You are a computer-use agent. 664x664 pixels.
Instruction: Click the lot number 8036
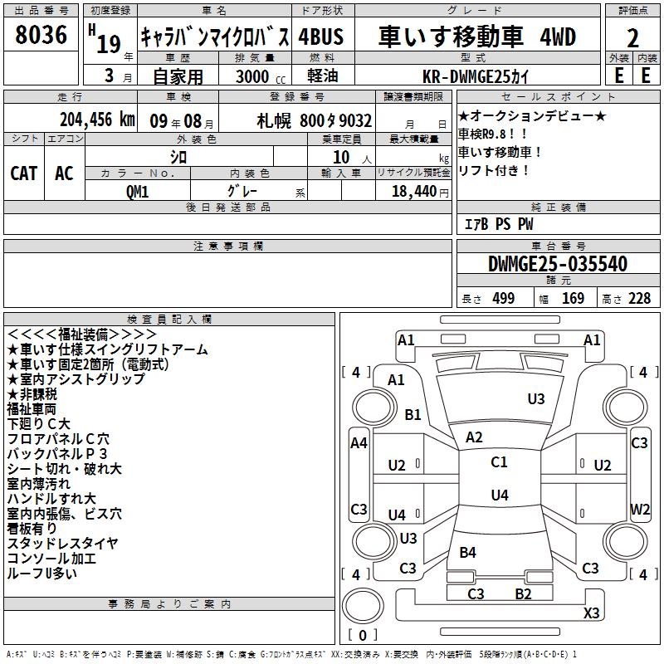pos(41,35)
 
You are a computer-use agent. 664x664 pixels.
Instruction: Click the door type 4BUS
pos(320,37)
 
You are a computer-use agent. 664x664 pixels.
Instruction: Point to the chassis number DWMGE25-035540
pos(557,264)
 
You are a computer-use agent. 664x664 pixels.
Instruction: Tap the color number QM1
pos(138,190)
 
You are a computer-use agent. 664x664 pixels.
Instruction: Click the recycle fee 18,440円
pos(417,190)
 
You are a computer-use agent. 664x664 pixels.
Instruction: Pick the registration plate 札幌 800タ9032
pos(315,120)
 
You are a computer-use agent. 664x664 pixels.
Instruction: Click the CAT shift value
pos(23,173)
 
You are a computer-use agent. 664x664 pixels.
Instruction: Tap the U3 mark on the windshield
pos(536,399)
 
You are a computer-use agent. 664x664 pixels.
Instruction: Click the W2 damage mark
pos(640,508)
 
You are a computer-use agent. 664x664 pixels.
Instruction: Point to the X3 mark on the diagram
pos(592,613)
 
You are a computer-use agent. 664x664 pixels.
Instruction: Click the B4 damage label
pos(467,552)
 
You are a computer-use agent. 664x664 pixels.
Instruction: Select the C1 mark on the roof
pos(499,462)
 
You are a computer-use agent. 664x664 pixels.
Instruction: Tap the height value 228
pos(638,299)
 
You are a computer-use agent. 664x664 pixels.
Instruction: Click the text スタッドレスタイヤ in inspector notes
pos(62,544)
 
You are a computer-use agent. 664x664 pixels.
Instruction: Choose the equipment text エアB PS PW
pos(498,224)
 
